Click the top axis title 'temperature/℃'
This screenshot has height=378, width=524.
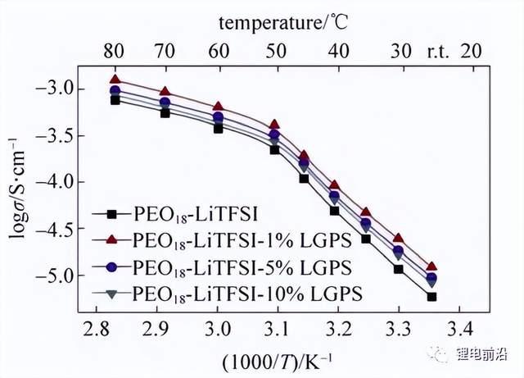coord(283,23)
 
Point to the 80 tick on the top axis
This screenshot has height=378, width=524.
coord(114,52)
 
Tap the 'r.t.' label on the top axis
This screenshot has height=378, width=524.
coord(438,52)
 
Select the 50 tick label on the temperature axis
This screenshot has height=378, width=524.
coord(276,52)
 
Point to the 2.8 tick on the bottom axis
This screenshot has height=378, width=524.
coord(97,329)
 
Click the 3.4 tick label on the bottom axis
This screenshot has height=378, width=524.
coord(460,329)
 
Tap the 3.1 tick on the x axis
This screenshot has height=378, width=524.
coord(278,329)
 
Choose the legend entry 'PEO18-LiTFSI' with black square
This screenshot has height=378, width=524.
coord(174,214)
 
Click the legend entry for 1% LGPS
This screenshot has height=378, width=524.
coord(222,240)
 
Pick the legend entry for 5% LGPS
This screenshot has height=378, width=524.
coord(222,267)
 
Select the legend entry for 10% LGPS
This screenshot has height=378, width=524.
coord(228,294)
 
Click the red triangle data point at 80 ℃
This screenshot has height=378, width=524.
coord(115,80)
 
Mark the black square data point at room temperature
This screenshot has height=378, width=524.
coord(431,297)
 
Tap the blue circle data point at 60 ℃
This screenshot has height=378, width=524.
coord(219,117)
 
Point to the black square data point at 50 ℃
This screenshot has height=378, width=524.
coord(275,150)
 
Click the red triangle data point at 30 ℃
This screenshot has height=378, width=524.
coord(399,238)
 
